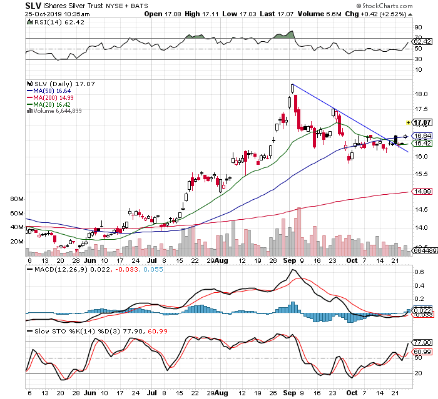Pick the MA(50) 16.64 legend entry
(49, 91)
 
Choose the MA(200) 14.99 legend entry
(51, 97)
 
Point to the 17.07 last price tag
(424, 123)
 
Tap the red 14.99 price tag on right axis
(424, 192)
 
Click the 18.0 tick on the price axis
(422, 94)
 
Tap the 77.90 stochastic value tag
(424, 342)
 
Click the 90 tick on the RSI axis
(418, 27)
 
